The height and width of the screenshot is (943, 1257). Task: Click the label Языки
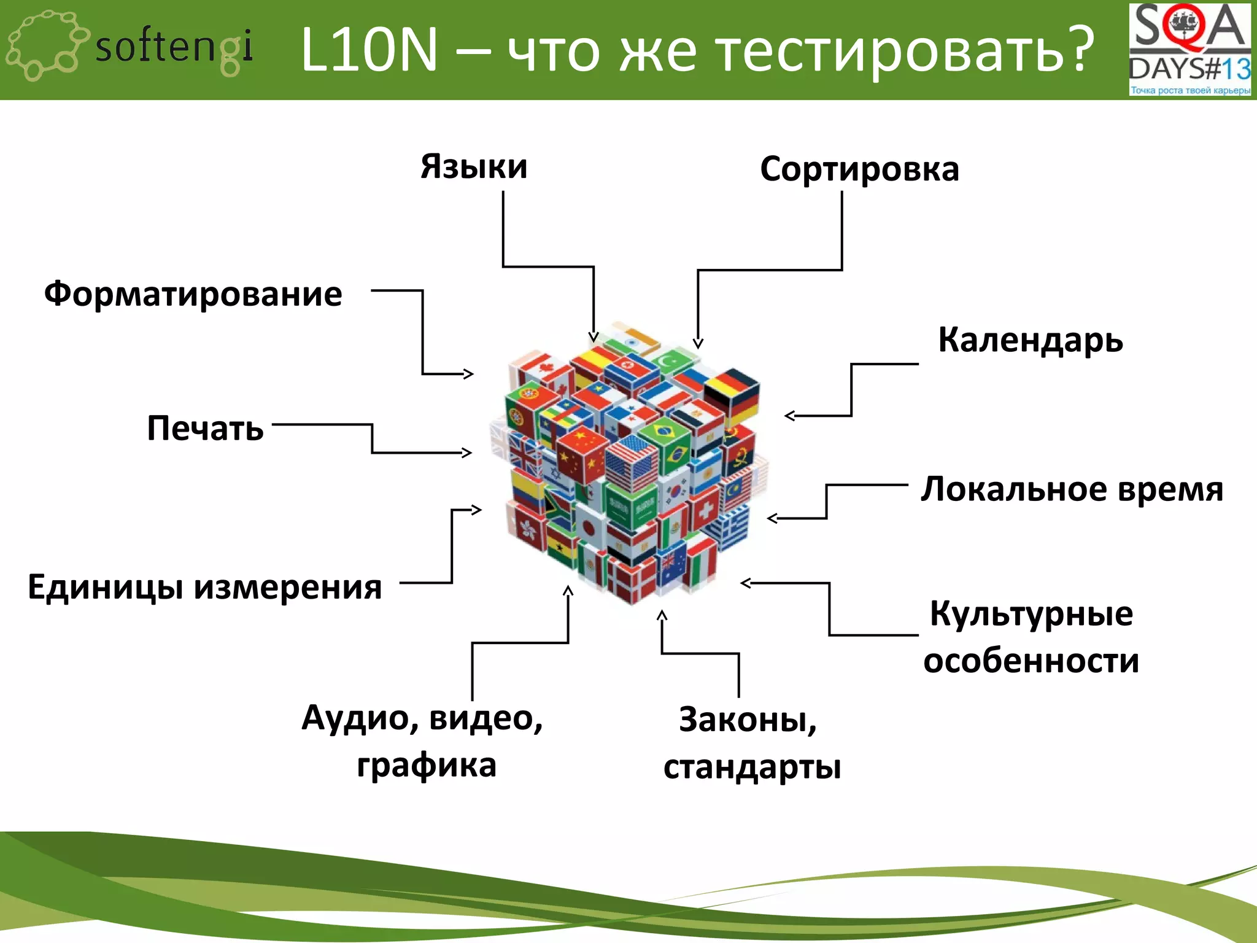coord(474,167)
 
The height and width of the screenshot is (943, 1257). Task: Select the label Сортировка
coord(859,169)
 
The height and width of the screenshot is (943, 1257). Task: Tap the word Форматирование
coord(193,294)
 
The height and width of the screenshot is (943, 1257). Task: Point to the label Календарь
coord(1031,341)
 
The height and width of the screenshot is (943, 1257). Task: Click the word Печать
coord(206,429)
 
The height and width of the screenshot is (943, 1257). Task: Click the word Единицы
coord(106,588)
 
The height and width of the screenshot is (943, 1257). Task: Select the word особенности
coord(1031,661)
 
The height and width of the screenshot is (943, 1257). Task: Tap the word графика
coord(427,766)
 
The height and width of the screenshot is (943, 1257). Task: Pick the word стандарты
coord(752,767)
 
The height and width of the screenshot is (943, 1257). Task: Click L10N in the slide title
coord(369,50)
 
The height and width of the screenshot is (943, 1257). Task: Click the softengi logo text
coord(174,48)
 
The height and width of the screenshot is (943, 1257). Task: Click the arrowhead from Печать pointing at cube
coord(468,452)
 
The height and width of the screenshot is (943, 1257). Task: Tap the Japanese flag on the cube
coord(590,527)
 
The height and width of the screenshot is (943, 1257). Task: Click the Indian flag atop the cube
coord(631,340)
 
